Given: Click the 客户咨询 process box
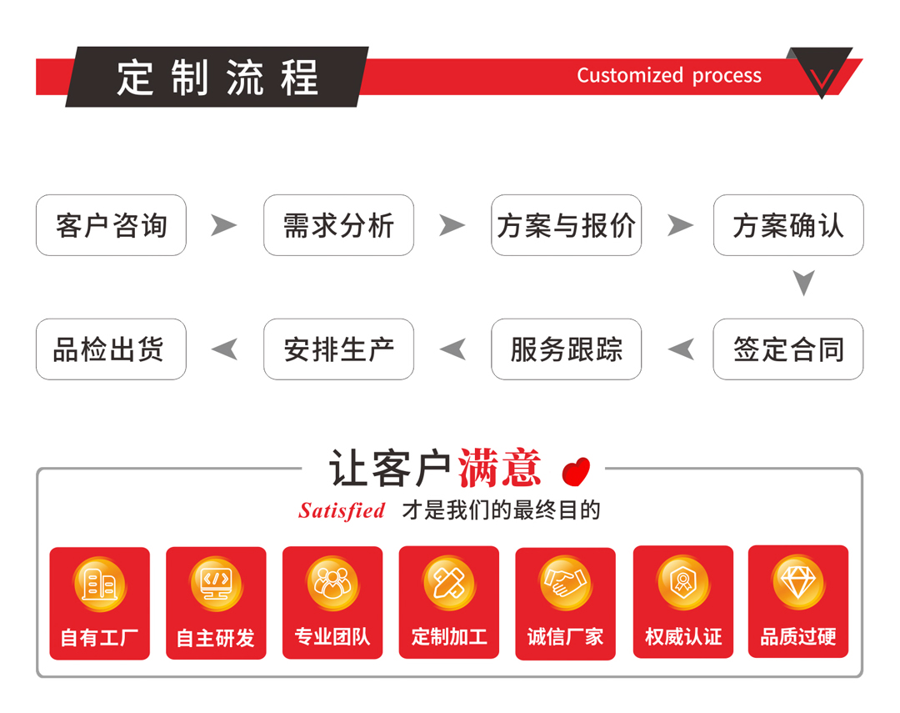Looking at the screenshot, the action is click(111, 225).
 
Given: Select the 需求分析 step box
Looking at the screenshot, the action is click(338, 225).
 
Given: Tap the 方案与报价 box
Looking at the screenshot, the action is click(567, 225).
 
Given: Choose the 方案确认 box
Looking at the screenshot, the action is click(788, 225).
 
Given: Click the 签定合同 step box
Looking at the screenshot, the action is click(788, 349).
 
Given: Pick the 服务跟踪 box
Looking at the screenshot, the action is click(567, 349).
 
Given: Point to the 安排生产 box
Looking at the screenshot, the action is click(338, 349).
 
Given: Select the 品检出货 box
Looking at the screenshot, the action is click(111, 349).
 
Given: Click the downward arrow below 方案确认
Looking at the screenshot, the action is click(804, 283).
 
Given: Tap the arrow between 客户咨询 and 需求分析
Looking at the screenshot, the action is click(224, 225).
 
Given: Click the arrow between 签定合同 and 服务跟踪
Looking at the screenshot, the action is click(682, 349).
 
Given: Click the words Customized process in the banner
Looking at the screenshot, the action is click(669, 75).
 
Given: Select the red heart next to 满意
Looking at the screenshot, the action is click(577, 472).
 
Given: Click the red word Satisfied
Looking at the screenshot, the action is click(342, 510).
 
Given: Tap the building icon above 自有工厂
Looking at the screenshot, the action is click(100, 584).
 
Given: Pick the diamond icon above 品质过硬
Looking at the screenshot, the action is click(798, 583).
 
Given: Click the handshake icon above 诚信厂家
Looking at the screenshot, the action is click(565, 583).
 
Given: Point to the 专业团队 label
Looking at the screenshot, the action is click(332, 636).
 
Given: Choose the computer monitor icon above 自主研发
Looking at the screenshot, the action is click(217, 583).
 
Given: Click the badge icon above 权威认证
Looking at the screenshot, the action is click(683, 582).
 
